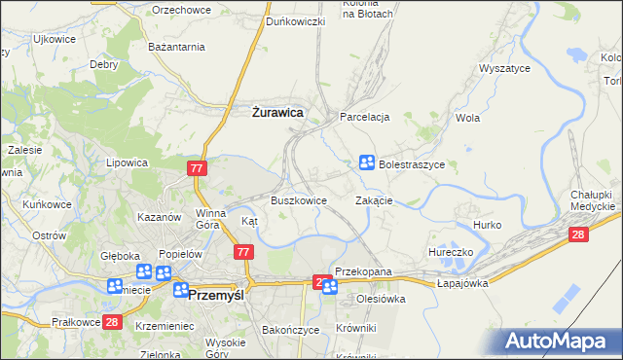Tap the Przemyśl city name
tap(221, 293)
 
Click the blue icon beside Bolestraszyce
tap(367, 162)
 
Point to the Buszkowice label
tap(298, 199)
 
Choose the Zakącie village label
tap(374, 200)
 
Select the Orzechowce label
tap(182, 9)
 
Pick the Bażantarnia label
tap(176, 46)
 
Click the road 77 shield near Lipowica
tap(197, 168)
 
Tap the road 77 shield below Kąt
tap(243, 252)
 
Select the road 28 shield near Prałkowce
tap(112, 321)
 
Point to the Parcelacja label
tap(365, 117)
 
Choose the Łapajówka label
tap(462, 282)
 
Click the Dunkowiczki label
tap(296, 21)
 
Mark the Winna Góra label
tap(211, 217)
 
